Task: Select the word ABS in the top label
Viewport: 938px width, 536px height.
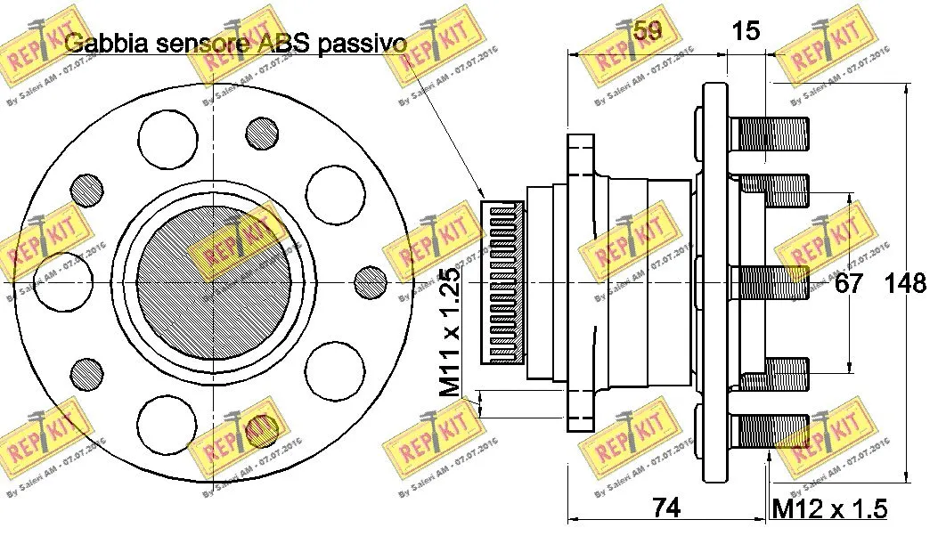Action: (x=285, y=43)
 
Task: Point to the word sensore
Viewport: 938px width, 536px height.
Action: (x=201, y=43)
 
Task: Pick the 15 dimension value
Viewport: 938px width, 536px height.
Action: (x=746, y=31)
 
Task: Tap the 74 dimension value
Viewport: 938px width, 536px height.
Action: (x=666, y=508)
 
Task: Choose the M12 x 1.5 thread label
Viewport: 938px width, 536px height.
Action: (x=829, y=508)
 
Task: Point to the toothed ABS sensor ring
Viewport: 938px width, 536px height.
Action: (x=502, y=282)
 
